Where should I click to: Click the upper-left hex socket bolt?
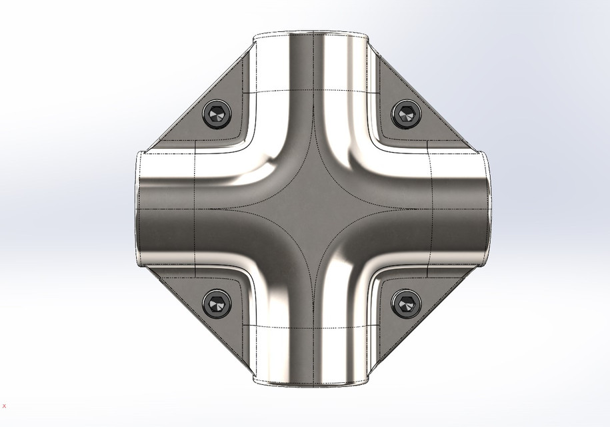(x=217, y=115)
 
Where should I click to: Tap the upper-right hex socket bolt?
(x=405, y=114)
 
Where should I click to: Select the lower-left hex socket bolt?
(x=217, y=304)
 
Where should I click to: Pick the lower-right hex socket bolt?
(x=405, y=304)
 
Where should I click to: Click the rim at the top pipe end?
(x=311, y=33)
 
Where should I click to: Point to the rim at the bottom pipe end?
(x=311, y=384)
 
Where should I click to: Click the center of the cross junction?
(x=311, y=209)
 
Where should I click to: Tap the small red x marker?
(x=5, y=406)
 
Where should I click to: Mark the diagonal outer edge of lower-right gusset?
(x=427, y=327)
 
